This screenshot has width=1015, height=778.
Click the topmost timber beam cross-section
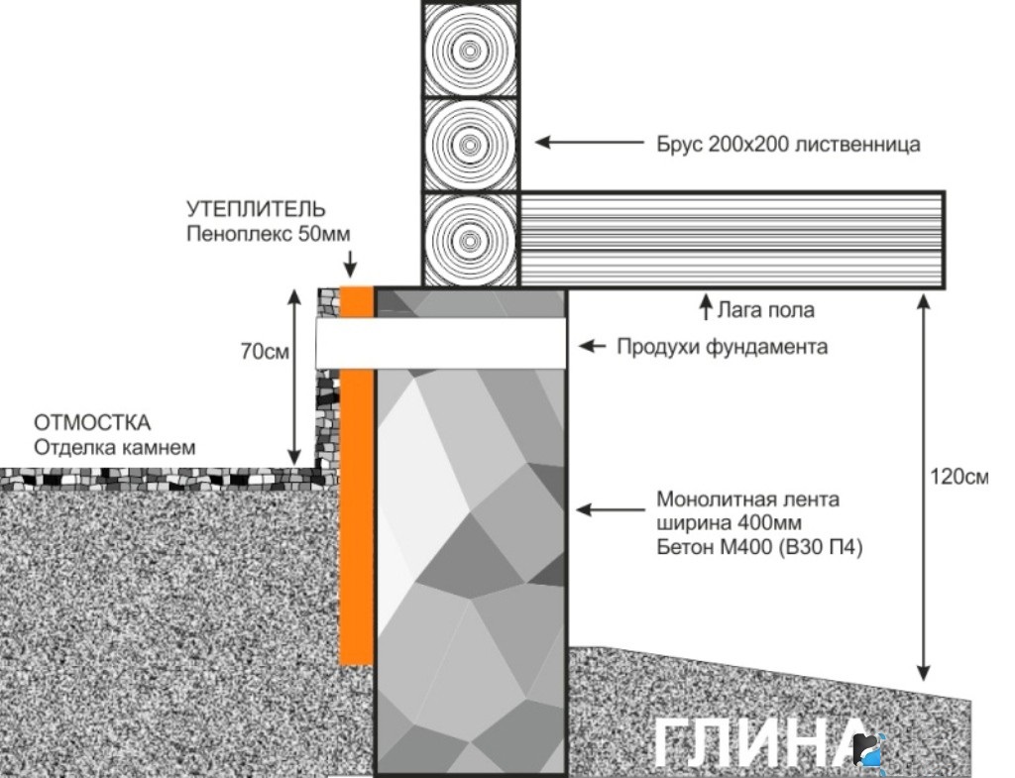[472, 49]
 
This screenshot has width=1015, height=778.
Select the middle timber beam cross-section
[472, 144]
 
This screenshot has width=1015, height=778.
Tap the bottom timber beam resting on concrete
[472, 240]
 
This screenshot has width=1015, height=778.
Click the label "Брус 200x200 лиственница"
[788, 145]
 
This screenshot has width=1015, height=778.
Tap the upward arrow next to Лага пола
[706, 306]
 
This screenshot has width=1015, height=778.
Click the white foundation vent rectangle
[441, 343]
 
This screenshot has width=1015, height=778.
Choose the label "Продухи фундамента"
[722, 347]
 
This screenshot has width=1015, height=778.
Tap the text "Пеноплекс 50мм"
[268, 234]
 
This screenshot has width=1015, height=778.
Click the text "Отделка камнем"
[115, 448]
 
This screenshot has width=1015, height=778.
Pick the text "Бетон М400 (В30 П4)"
[759, 545]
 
